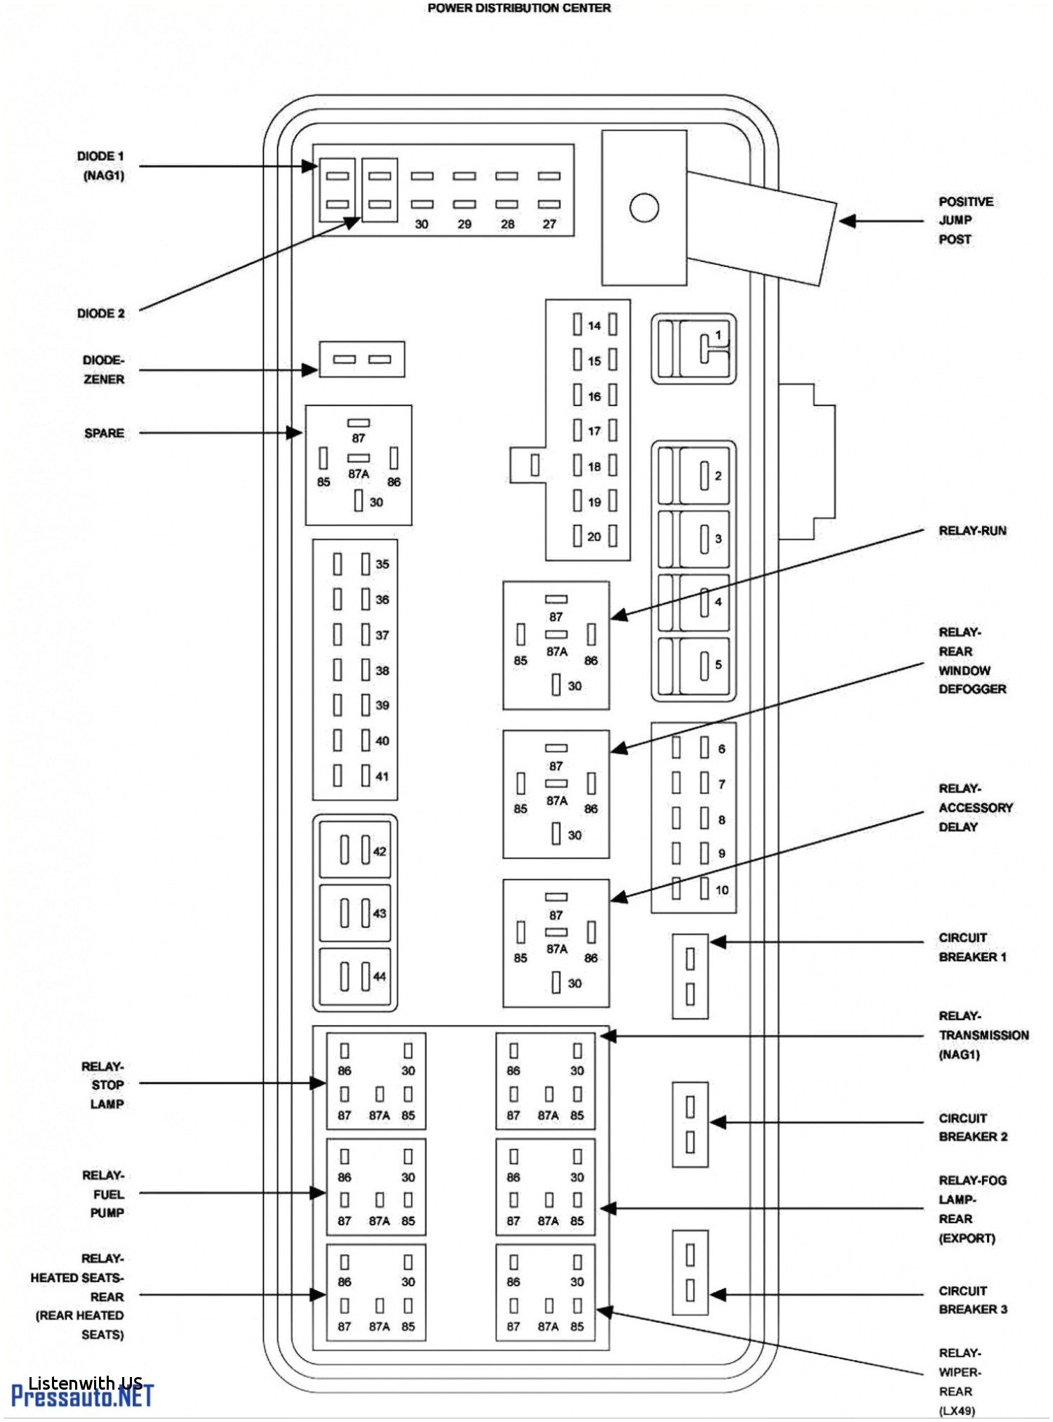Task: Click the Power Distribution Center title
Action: point(519,8)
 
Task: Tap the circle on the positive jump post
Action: point(644,208)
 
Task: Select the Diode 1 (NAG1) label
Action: point(101,166)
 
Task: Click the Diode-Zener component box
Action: point(362,360)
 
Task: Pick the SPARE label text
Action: point(104,433)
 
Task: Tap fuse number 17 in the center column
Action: point(594,430)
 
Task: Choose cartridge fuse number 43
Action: point(355,913)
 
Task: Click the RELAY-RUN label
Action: point(972,531)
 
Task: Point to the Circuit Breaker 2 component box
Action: point(690,1124)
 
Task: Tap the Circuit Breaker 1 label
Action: point(972,947)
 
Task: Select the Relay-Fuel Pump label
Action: point(105,1194)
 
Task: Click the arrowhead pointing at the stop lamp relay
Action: point(319,1084)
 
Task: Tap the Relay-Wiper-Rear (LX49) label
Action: point(960,1381)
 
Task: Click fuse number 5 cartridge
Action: point(703,665)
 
